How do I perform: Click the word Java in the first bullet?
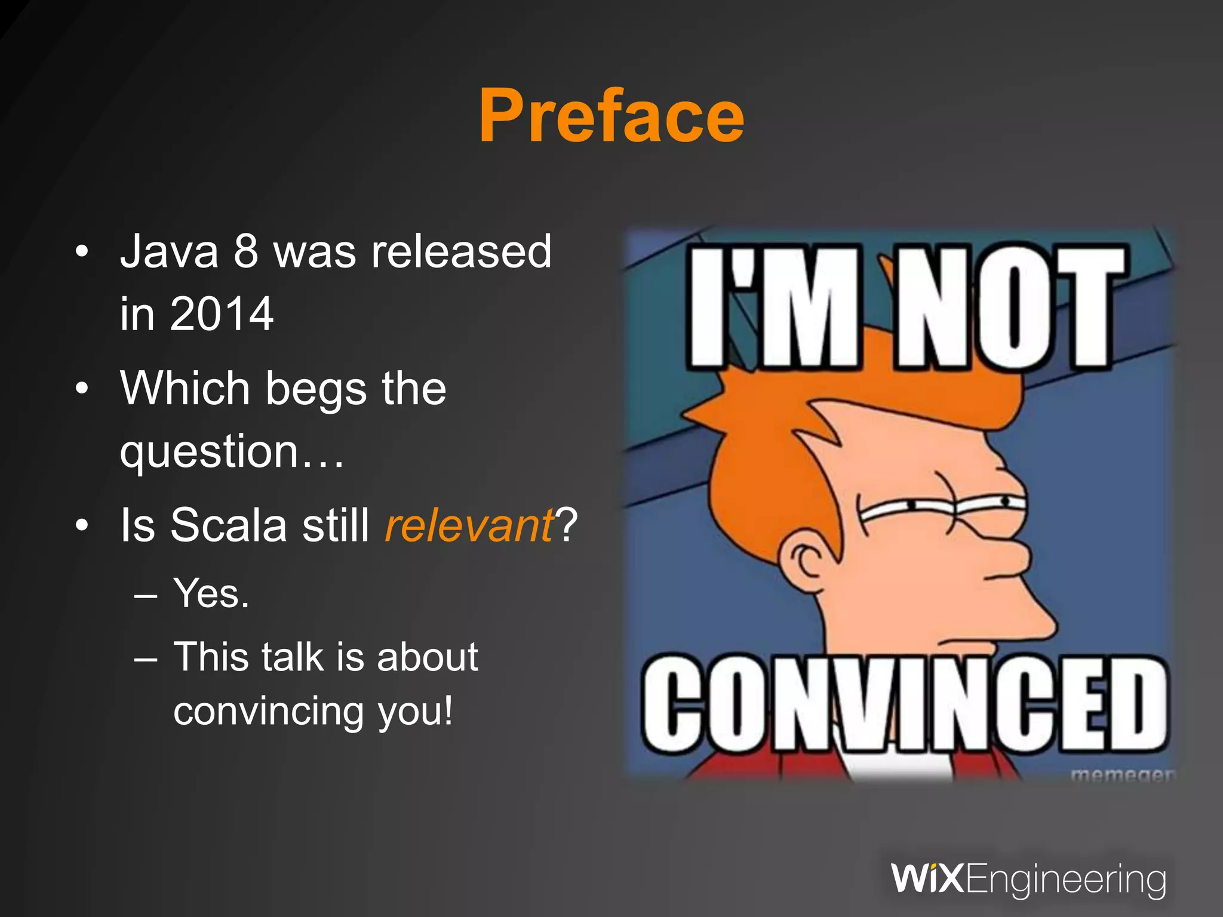click(x=170, y=251)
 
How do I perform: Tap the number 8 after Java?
click(x=245, y=251)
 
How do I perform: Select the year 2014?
click(x=222, y=314)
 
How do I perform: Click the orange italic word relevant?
click(x=469, y=525)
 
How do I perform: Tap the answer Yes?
click(x=211, y=593)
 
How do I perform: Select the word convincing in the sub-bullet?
click(x=268, y=710)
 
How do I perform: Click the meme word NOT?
click(x=1009, y=307)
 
